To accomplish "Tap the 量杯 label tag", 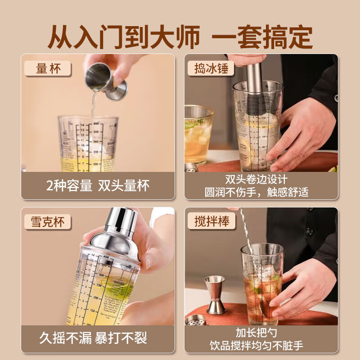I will (48, 68).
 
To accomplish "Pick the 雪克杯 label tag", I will (48, 222).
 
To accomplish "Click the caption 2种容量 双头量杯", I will (98, 185).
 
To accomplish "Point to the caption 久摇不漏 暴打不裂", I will (98, 338).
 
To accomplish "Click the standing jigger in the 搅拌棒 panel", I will (215, 295).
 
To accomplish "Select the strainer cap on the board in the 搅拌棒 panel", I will (196, 320).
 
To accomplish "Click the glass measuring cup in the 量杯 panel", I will (88, 144).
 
